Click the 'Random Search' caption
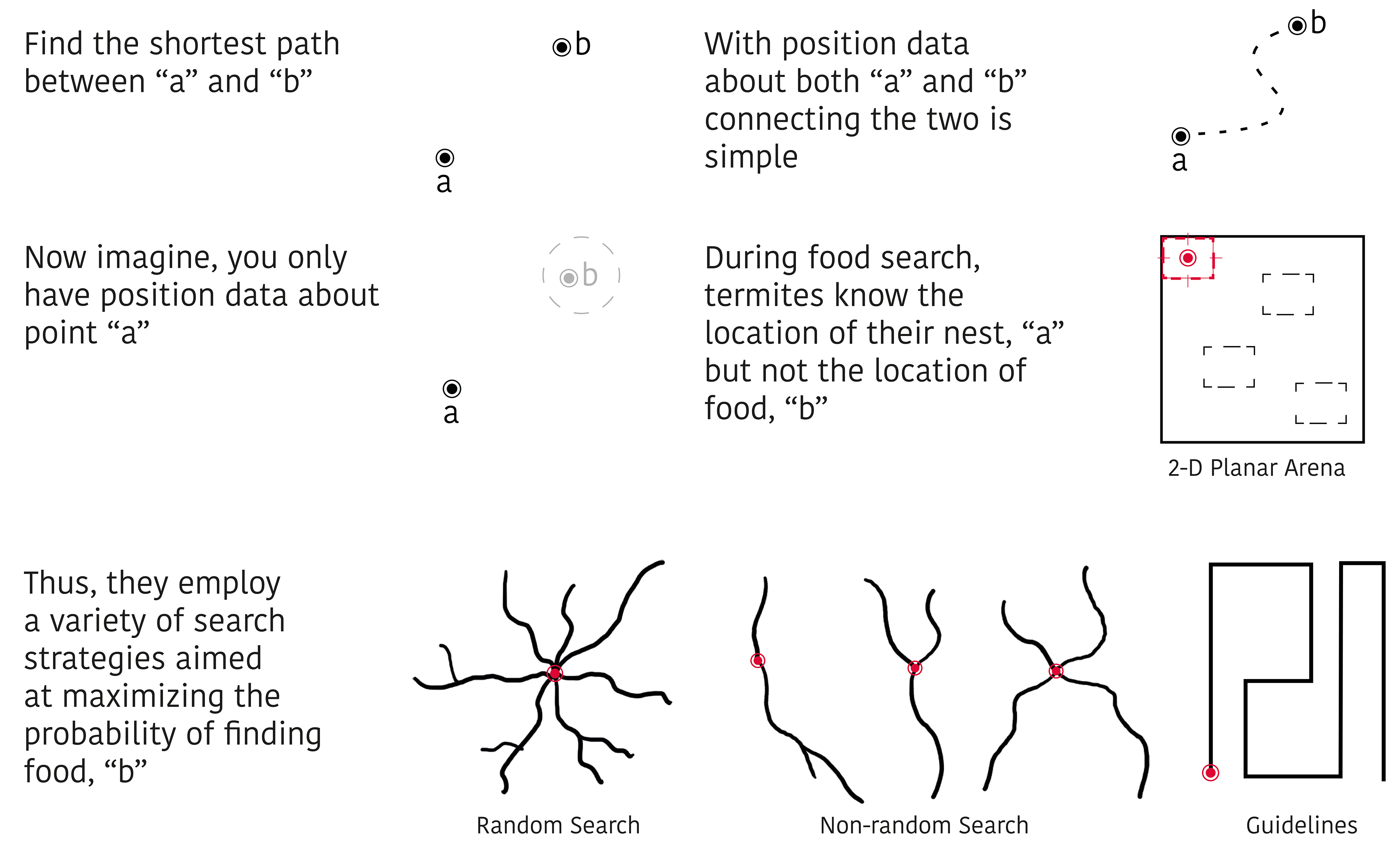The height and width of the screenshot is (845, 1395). tap(558, 825)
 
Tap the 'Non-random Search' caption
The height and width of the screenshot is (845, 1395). tap(924, 825)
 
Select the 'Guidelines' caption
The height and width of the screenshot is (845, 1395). tap(1301, 825)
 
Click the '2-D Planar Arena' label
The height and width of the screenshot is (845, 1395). tap(1256, 468)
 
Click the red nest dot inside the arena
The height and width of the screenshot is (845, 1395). tap(1188, 258)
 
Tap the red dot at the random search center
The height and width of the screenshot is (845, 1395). tap(555, 673)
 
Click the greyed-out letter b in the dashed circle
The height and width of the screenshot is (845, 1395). tap(589, 276)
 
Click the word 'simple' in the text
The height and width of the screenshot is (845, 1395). tap(751, 157)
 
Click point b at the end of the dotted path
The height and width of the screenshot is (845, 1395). tap(1297, 25)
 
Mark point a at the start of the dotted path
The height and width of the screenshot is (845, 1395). tap(1180, 136)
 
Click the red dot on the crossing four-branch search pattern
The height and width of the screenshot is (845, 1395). tap(1056, 671)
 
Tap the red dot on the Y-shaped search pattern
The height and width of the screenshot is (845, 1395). tap(914, 668)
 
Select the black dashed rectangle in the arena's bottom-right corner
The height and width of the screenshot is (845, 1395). tap(1321, 403)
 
